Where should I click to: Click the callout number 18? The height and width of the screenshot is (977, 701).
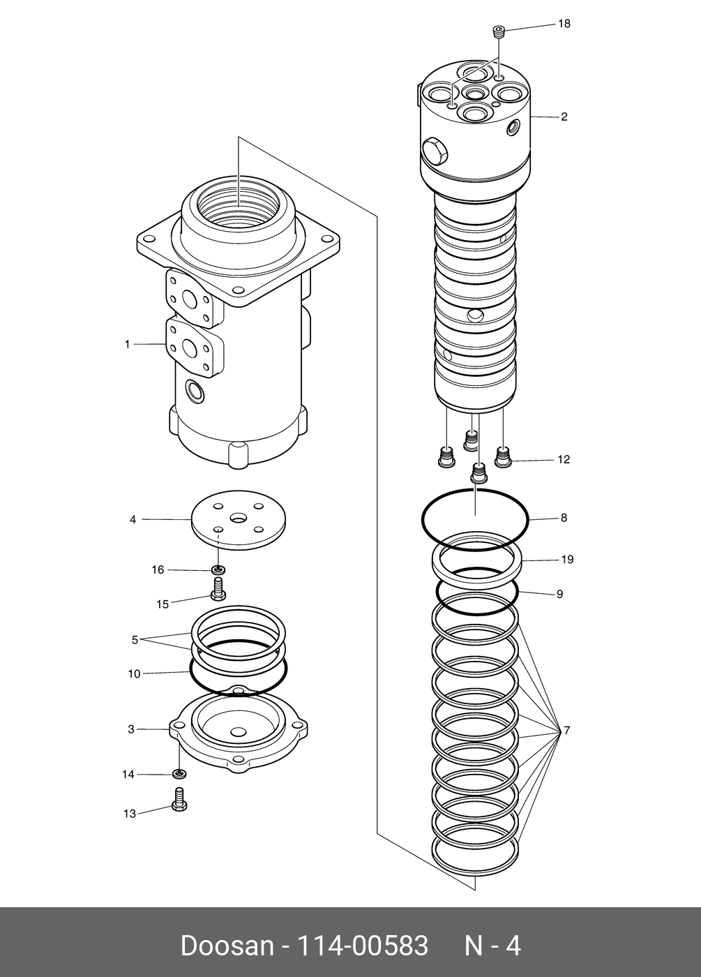pyautogui.click(x=564, y=24)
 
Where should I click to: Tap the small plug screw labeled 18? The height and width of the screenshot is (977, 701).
pyautogui.click(x=498, y=31)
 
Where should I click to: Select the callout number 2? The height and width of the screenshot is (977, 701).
pyautogui.click(x=564, y=117)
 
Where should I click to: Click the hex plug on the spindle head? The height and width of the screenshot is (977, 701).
pyautogui.click(x=435, y=149)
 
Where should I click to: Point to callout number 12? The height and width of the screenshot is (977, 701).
pyautogui.click(x=564, y=459)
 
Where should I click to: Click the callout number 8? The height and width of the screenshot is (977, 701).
pyautogui.click(x=564, y=518)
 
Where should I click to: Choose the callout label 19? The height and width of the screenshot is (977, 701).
pyautogui.click(x=567, y=560)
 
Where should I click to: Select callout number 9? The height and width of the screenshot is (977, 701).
pyautogui.click(x=559, y=595)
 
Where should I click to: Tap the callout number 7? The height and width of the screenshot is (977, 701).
pyautogui.click(x=567, y=731)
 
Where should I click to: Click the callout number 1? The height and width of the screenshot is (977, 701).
pyautogui.click(x=128, y=344)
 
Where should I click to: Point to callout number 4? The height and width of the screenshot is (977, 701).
pyautogui.click(x=133, y=519)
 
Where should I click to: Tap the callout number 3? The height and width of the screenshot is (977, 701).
pyautogui.click(x=131, y=729)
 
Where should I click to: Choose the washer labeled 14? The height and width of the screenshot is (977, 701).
pyautogui.click(x=179, y=774)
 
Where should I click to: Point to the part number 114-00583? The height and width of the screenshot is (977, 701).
pyautogui.click(x=363, y=946)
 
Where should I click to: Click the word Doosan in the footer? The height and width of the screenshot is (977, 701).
pyautogui.click(x=227, y=946)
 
